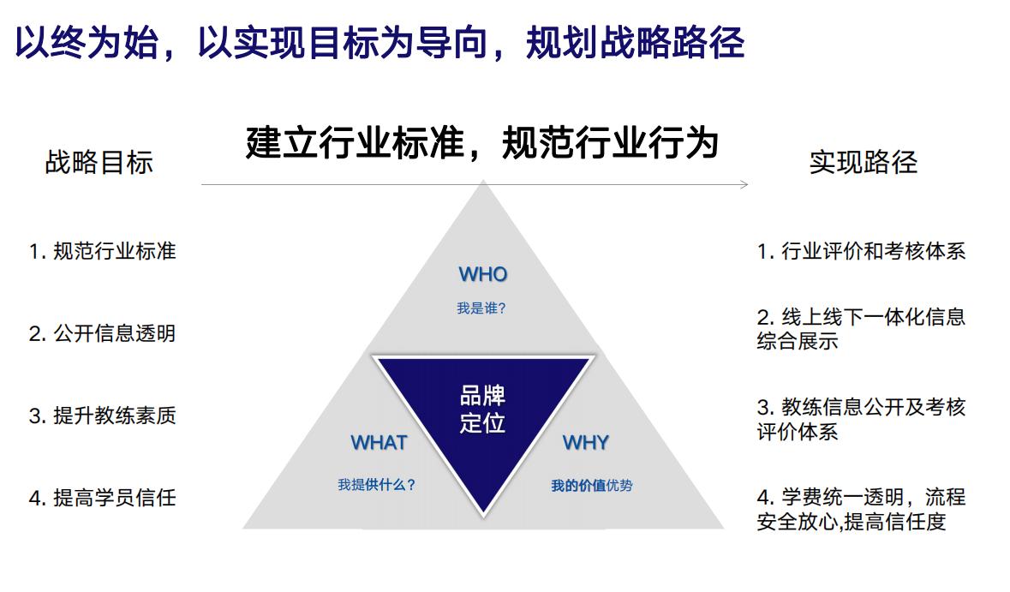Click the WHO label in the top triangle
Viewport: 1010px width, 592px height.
click(x=483, y=274)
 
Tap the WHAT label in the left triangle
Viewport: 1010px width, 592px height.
click(x=379, y=443)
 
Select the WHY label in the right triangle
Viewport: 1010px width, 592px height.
click(x=585, y=443)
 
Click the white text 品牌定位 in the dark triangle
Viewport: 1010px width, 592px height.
click(x=482, y=409)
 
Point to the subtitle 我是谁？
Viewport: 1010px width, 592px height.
click(x=481, y=308)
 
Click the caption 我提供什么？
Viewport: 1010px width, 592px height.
click(x=377, y=484)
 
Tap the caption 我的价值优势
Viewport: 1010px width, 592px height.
click(x=591, y=485)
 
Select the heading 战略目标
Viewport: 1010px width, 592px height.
click(x=99, y=162)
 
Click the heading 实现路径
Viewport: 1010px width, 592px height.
click(x=864, y=162)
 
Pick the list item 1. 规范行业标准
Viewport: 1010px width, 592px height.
click(x=103, y=250)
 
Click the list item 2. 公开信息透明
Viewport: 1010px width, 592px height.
click(x=103, y=333)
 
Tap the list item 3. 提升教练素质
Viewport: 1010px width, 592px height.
click(x=103, y=416)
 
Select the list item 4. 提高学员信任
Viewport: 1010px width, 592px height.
click(x=103, y=497)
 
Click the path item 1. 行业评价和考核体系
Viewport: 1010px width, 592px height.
click(x=861, y=250)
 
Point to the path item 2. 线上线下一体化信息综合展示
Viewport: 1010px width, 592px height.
click(x=861, y=328)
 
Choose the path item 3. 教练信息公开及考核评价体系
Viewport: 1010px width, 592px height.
click(x=861, y=419)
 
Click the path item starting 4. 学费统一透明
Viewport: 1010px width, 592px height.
click(x=861, y=509)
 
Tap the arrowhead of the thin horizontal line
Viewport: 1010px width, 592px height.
click(x=745, y=185)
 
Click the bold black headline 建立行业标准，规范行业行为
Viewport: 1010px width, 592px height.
click(x=481, y=142)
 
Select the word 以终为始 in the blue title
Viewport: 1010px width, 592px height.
click(x=87, y=43)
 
